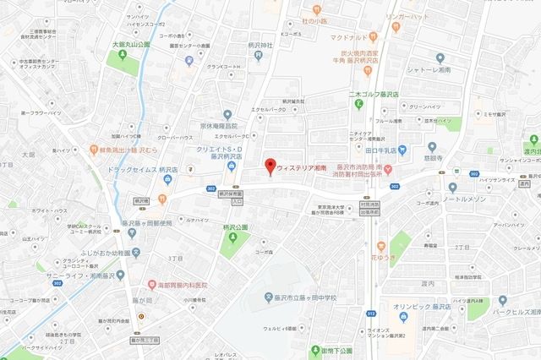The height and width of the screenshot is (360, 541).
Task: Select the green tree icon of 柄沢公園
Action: pyautogui.click(x=227, y=238)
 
